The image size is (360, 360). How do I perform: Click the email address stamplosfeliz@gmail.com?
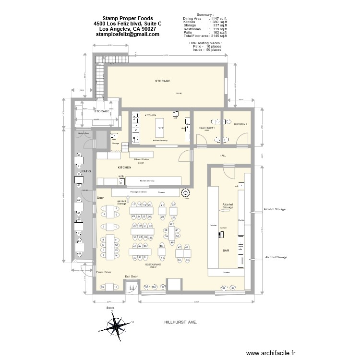[127, 35]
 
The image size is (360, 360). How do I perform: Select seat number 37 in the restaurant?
[171, 225]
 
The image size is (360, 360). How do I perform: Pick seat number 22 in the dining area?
[173, 205]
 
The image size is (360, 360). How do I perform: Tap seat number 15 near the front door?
[102, 287]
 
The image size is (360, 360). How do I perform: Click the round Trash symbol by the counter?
[185, 192]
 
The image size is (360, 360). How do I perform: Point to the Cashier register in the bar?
[221, 235]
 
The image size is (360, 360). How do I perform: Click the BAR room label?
[226, 251]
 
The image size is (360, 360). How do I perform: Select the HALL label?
[223, 156]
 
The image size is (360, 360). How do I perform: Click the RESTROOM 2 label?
[240, 124]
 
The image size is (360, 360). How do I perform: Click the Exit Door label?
[131, 276]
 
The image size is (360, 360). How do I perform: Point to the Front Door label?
[104, 272]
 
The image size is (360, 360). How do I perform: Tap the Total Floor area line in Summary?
[205, 36]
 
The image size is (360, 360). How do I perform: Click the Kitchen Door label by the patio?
[84, 133]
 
